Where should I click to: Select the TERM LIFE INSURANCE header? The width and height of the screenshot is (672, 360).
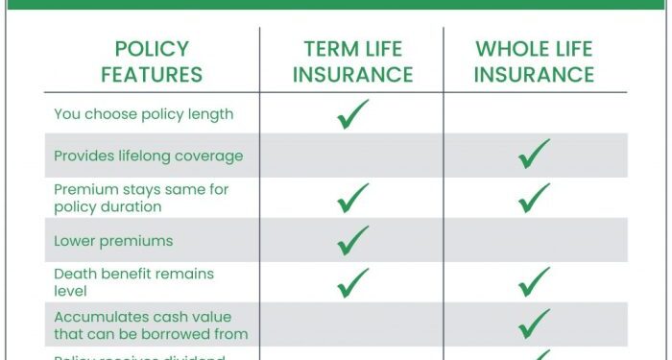tap(352, 61)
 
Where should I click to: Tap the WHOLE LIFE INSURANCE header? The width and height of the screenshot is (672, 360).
tap(535, 61)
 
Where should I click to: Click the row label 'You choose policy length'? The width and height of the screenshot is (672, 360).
tap(143, 114)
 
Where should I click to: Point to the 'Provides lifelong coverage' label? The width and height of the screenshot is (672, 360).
tap(148, 156)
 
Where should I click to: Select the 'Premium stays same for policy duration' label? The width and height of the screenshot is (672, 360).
tap(141, 198)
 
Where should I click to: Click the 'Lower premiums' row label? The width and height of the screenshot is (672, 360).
tap(113, 240)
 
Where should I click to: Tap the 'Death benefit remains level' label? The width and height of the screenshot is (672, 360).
tap(133, 281)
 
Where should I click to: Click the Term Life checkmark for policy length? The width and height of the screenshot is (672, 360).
tap(352, 114)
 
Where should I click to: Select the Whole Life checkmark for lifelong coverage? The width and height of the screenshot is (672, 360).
tap(535, 154)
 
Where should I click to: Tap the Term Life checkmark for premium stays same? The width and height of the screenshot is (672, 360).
tap(352, 198)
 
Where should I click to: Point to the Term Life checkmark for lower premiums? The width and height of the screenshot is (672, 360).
tap(352, 240)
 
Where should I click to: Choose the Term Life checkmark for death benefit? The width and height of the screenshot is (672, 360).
tap(352, 281)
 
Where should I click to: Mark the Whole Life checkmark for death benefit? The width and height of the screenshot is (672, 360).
tap(535, 281)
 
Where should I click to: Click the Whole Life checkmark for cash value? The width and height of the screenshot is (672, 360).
tap(535, 324)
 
